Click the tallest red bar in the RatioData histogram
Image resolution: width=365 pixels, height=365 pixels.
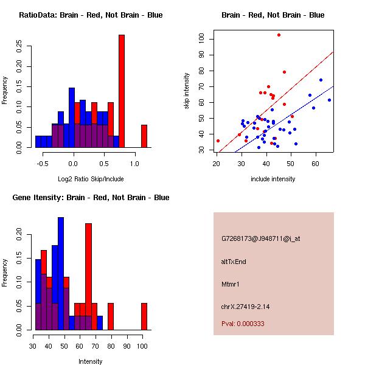(x=122, y=91)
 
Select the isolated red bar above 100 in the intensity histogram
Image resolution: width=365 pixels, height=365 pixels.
(x=144, y=316)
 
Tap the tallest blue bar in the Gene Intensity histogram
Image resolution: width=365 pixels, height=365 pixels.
(x=61, y=274)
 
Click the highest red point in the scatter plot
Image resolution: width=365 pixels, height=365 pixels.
(x=279, y=35)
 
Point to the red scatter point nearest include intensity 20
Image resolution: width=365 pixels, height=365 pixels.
(x=218, y=141)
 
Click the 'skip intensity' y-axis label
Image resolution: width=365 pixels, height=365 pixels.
(x=187, y=91)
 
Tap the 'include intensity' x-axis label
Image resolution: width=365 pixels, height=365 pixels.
(x=273, y=179)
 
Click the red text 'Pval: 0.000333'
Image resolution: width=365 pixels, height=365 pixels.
(x=243, y=324)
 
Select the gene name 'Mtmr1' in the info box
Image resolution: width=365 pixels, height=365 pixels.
(x=231, y=284)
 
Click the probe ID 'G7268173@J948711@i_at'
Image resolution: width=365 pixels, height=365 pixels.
(x=260, y=238)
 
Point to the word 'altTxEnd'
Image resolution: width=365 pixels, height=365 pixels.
(x=234, y=262)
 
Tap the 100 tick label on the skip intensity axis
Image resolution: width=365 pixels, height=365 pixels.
(x=201, y=39)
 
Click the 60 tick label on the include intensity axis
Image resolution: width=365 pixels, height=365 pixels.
(x=316, y=161)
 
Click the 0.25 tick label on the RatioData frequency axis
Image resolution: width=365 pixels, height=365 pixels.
(x=19, y=46)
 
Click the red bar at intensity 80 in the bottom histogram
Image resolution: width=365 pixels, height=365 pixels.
(x=110, y=316)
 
